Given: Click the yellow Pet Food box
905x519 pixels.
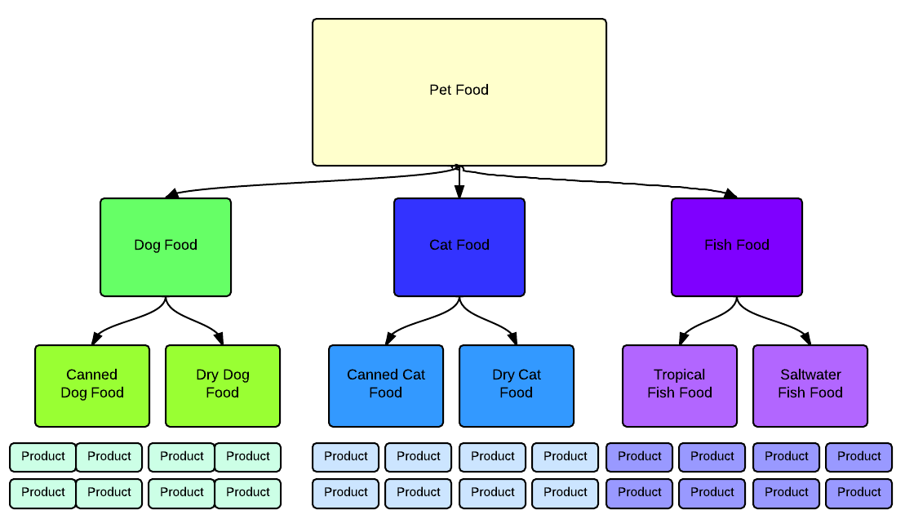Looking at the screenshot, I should [459, 92].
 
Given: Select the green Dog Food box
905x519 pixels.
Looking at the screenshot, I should [166, 246].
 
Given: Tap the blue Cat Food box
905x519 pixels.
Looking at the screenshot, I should [459, 246].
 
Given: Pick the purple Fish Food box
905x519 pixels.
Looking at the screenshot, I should [737, 246].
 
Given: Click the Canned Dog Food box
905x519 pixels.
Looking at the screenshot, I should [92, 385].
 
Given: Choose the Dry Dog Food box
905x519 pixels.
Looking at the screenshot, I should [223, 385].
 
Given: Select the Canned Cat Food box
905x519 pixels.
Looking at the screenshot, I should [386, 385].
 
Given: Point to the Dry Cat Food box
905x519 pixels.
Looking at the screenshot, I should [517, 385].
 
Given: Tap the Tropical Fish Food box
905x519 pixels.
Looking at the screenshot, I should [680, 385].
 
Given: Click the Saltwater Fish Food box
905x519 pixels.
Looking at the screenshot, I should [810, 385].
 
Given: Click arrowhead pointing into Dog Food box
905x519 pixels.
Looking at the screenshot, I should [171, 193].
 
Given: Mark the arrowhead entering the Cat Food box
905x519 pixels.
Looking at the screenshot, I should [459, 193].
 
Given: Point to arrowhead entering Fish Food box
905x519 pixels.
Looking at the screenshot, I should [730, 193].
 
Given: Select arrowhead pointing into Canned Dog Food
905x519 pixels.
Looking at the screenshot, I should [97, 339].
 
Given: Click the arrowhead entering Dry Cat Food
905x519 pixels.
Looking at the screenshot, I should [512, 339].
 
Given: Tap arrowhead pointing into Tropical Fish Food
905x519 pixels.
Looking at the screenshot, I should [684, 339].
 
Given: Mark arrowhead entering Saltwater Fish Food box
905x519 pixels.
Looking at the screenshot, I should [805, 339].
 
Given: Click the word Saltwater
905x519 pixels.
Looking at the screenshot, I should [810, 375].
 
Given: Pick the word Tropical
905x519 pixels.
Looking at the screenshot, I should [679, 375].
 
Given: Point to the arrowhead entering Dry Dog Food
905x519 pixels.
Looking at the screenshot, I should [218, 339].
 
